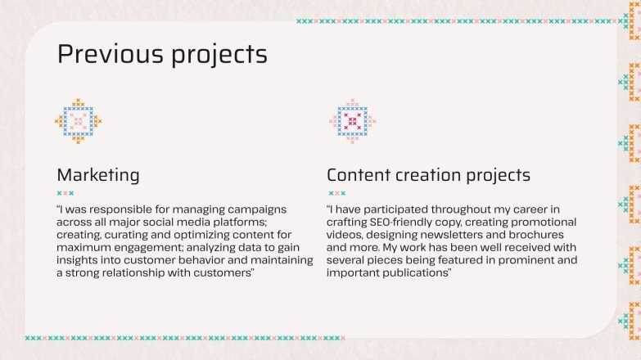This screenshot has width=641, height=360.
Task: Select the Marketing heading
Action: [x=97, y=175]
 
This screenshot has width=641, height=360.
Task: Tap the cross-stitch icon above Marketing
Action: [x=79, y=121]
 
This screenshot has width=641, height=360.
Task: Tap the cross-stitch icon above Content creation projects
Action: [x=353, y=121]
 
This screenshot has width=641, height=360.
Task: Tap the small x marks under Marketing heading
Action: [x=66, y=194]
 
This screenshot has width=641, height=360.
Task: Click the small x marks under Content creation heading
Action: [x=336, y=194]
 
